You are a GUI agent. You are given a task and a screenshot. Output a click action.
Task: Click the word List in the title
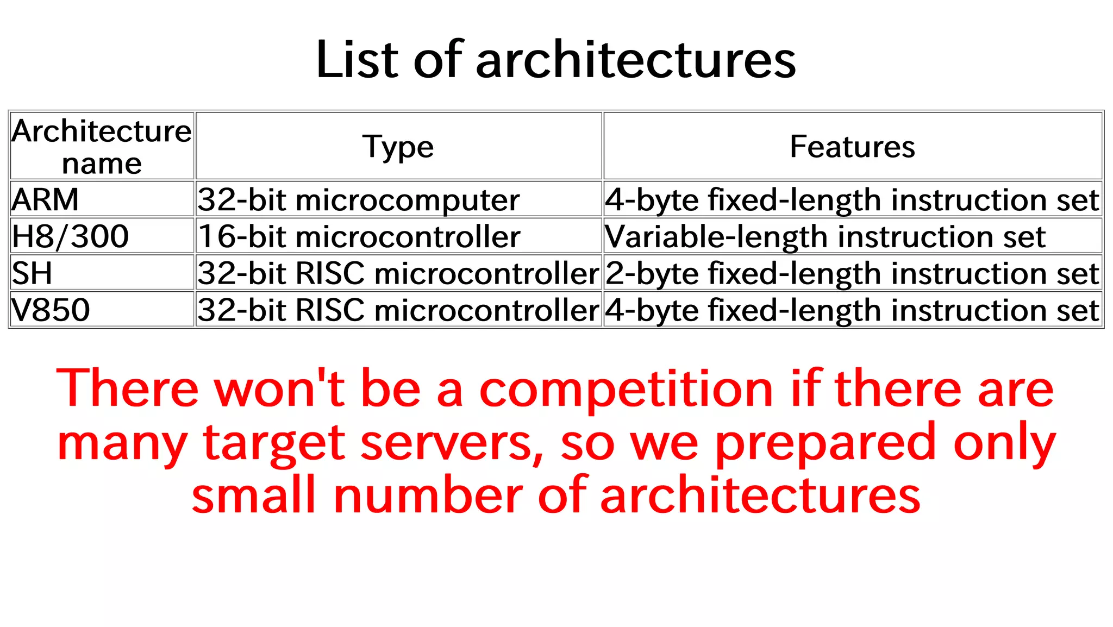(357, 60)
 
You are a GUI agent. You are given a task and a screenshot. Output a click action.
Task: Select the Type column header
(398, 146)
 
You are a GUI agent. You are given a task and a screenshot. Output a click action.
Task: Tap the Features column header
(852, 146)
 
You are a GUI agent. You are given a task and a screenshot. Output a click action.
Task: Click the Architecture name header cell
(102, 146)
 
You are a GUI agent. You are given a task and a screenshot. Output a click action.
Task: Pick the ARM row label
(46, 199)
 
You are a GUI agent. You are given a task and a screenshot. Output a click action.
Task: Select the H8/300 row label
(71, 236)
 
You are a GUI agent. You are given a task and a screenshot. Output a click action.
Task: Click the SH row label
(33, 273)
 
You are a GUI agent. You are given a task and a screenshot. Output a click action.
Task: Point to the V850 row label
(51, 310)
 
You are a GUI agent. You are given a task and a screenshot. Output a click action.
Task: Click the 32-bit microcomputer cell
(359, 199)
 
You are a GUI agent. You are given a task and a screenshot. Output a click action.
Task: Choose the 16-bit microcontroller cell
(359, 236)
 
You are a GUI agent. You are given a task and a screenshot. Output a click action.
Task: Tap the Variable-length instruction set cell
(825, 236)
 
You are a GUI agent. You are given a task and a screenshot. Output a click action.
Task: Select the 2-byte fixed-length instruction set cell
(852, 273)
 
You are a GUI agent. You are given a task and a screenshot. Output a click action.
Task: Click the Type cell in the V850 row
(398, 310)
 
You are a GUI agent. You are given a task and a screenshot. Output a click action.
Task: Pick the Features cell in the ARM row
(852, 199)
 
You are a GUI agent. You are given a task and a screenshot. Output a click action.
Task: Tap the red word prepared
(824, 442)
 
